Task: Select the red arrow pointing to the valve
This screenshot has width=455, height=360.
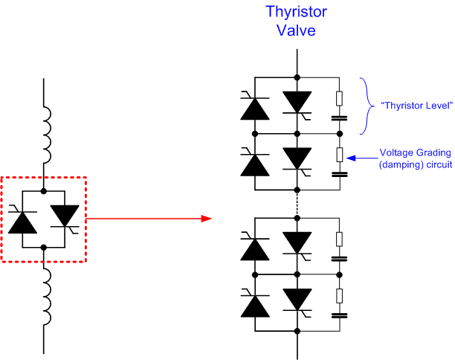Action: click(x=149, y=219)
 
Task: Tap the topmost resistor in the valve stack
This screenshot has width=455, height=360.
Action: click(x=340, y=98)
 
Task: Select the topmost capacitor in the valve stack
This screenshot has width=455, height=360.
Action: click(x=340, y=117)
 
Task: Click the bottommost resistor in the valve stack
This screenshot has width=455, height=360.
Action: click(x=340, y=295)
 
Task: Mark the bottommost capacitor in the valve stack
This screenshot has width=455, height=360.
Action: click(x=340, y=315)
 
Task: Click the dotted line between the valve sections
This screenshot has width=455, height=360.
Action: click(x=297, y=196)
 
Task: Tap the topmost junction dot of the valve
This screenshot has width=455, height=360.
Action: click(x=297, y=77)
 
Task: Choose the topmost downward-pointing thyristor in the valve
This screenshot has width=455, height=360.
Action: click(x=298, y=103)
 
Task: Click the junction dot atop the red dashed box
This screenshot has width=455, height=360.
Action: click(x=45, y=176)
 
